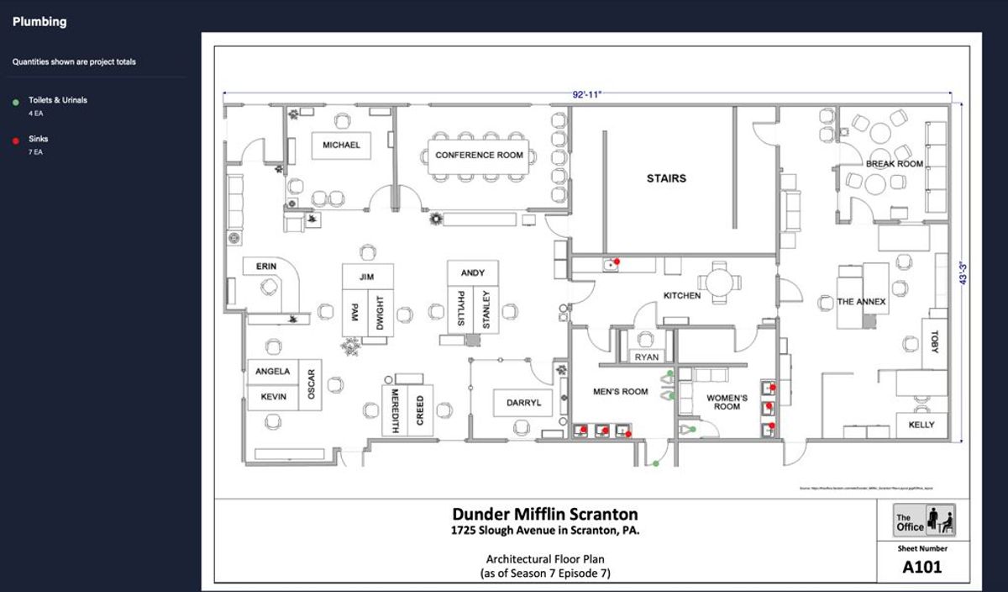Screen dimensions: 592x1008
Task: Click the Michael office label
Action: click(341, 145)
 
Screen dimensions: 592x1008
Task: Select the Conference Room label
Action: click(479, 156)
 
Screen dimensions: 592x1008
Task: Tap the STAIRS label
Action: click(666, 178)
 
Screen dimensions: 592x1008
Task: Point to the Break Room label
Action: click(895, 164)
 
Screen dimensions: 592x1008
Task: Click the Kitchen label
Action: click(682, 296)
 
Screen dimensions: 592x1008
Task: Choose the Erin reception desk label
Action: click(266, 267)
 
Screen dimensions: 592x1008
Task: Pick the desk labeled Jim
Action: click(366, 277)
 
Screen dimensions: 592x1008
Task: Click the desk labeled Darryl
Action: click(523, 403)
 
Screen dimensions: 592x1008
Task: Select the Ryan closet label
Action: click(647, 357)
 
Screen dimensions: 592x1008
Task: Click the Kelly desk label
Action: click(921, 425)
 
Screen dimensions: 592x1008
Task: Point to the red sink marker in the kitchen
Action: click(617, 262)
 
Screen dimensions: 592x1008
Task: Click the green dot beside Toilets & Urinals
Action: click(16, 102)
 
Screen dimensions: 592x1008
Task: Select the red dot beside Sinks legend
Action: click(16, 141)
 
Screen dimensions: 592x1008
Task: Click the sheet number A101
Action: click(922, 567)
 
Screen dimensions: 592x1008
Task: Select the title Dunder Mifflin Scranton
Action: click(545, 514)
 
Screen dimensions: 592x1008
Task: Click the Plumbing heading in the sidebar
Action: click(39, 22)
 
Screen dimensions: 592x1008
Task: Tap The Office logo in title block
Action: click(924, 520)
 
